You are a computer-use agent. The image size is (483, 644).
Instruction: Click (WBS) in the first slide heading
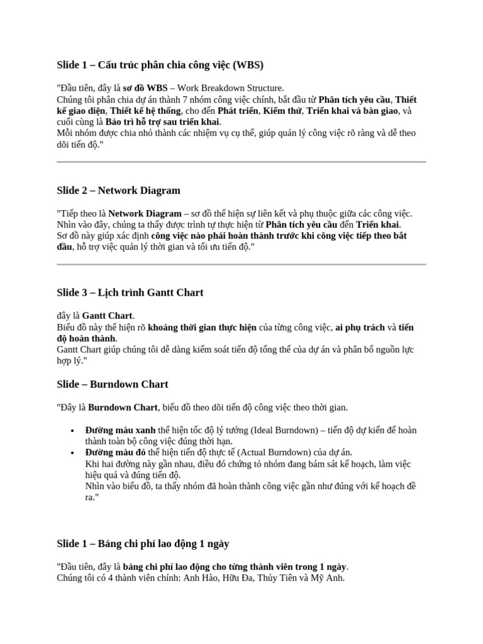coord(248,65)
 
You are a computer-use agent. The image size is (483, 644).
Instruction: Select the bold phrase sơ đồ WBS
coord(145,88)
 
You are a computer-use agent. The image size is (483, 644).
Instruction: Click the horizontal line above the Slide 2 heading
coord(241,162)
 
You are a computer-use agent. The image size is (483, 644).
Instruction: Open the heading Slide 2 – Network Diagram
coord(118,190)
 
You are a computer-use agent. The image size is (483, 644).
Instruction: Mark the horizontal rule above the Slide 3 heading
coord(241,264)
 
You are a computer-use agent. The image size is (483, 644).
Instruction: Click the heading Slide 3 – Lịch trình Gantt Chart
coord(130,292)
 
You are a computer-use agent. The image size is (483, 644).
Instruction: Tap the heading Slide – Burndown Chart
coord(113,384)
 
